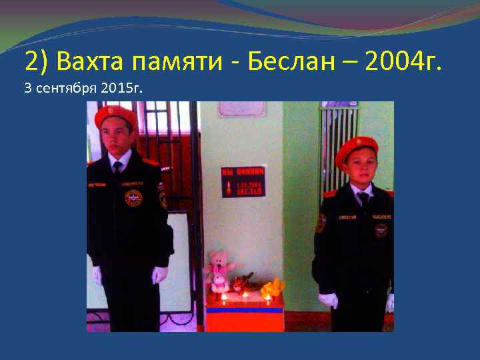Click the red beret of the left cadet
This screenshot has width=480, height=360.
115,116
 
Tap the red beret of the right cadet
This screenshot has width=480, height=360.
356,149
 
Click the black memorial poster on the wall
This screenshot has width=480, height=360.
243,181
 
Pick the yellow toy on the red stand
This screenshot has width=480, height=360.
273,288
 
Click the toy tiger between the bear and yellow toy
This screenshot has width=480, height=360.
244,283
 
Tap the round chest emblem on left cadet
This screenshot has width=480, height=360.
133,197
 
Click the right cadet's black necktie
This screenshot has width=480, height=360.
363,199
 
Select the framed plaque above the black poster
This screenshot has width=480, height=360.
241,109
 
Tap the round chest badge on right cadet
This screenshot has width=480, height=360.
381,230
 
